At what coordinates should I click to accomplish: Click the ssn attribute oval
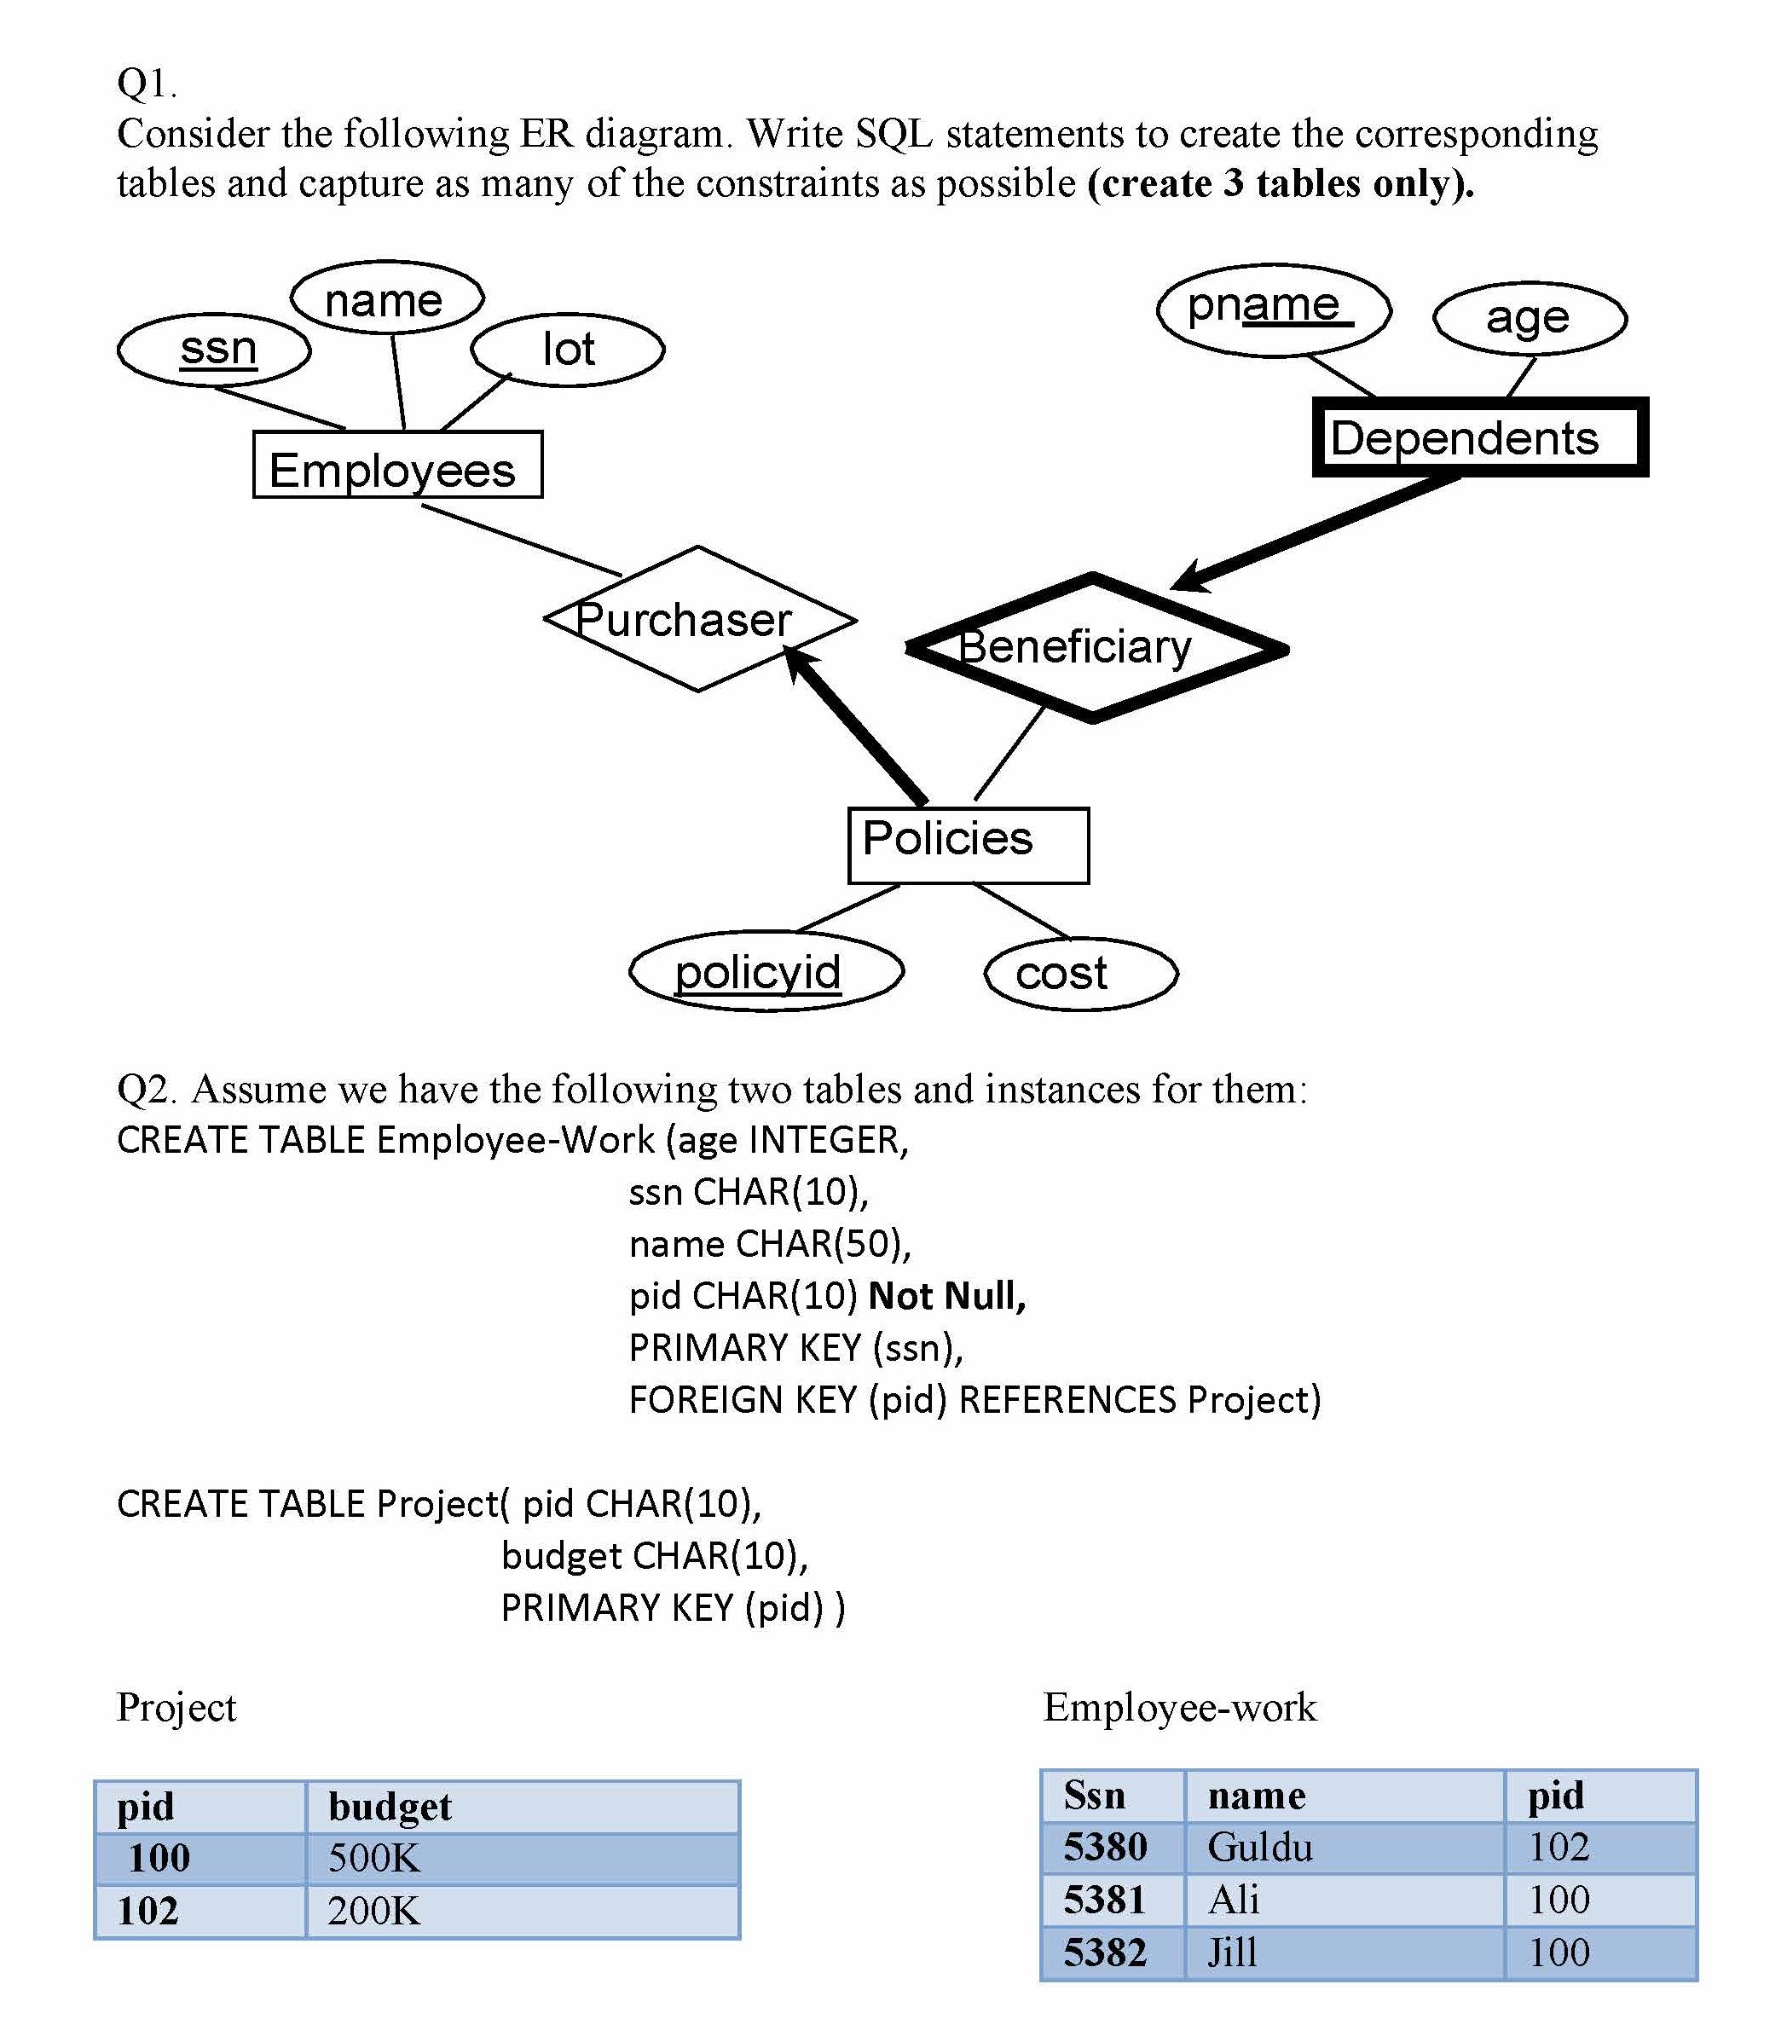coord(214,350)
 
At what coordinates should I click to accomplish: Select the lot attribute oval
coord(568,350)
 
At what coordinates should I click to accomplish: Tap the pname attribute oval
coord(1273,310)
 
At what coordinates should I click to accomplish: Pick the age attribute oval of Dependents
coord(1529,319)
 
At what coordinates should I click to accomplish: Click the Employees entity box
coord(397,465)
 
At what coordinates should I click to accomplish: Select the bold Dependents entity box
coord(1479,437)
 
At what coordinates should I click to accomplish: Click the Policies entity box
coord(968,844)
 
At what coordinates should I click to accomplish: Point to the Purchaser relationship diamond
coord(699,619)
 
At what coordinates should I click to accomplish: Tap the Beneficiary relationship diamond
coord(1095,648)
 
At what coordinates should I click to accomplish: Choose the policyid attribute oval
coord(766,971)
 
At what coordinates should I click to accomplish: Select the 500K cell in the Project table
coord(374,1858)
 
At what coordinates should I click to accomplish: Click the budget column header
coord(390,1806)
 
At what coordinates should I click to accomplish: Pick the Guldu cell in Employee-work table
coord(1260,1847)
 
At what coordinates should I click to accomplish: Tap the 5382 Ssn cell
coord(1104,1952)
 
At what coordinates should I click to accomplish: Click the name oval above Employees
coord(386,299)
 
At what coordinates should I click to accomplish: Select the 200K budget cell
coord(374,1910)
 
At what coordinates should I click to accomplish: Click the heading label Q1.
coord(147,84)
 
